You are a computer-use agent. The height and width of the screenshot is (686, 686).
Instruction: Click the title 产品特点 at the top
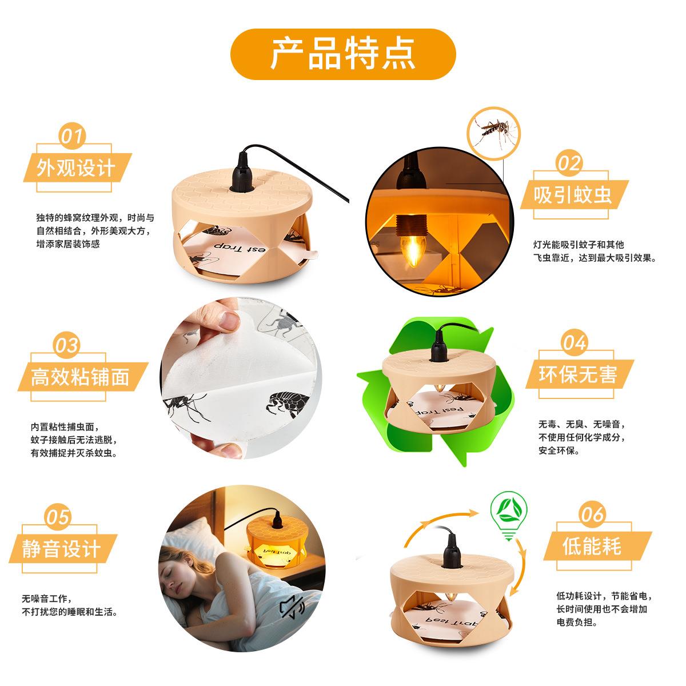pyautogui.click(x=342, y=54)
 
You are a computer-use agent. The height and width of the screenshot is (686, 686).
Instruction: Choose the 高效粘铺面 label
pyautogui.click(x=80, y=377)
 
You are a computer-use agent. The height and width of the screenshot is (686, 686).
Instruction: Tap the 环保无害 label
pyautogui.click(x=578, y=374)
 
